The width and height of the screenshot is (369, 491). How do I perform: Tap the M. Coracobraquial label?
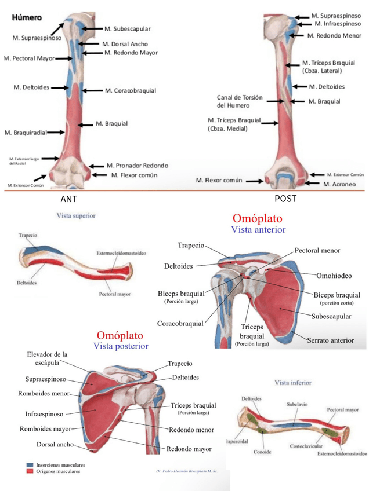pyautogui.click(x=131, y=91)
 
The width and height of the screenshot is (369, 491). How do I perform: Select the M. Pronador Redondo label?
pyautogui.click(x=138, y=165)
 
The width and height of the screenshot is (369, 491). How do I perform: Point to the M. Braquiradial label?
pyautogui.click(x=25, y=133)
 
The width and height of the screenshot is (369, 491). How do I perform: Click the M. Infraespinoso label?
pyautogui.click(x=339, y=24)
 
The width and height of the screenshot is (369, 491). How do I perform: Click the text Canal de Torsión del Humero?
pyautogui.click(x=238, y=101)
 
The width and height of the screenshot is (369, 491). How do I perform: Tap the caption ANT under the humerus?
pyautogui.click(x=68, y=199)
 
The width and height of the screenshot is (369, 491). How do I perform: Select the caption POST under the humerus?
pyautogui.click(x=285, y=199)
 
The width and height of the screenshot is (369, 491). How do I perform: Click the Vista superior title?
pyautogui.click(x=76, y=215)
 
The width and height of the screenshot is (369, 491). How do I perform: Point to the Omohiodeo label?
pyautogui.click(x=331, y=275)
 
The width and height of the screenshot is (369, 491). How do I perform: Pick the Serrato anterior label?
pyautogui.click(x=330, y=340)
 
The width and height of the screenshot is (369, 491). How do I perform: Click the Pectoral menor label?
pyautogui.click(x=317, y=251)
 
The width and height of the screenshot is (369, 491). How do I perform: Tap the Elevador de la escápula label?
pyautogui.click(x=47, y=358)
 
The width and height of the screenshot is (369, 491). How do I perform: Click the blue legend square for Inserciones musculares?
pyautogui.click(x=30, y=465)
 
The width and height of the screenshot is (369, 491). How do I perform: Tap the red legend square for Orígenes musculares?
pyautogui.click(x=30, y=471)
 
